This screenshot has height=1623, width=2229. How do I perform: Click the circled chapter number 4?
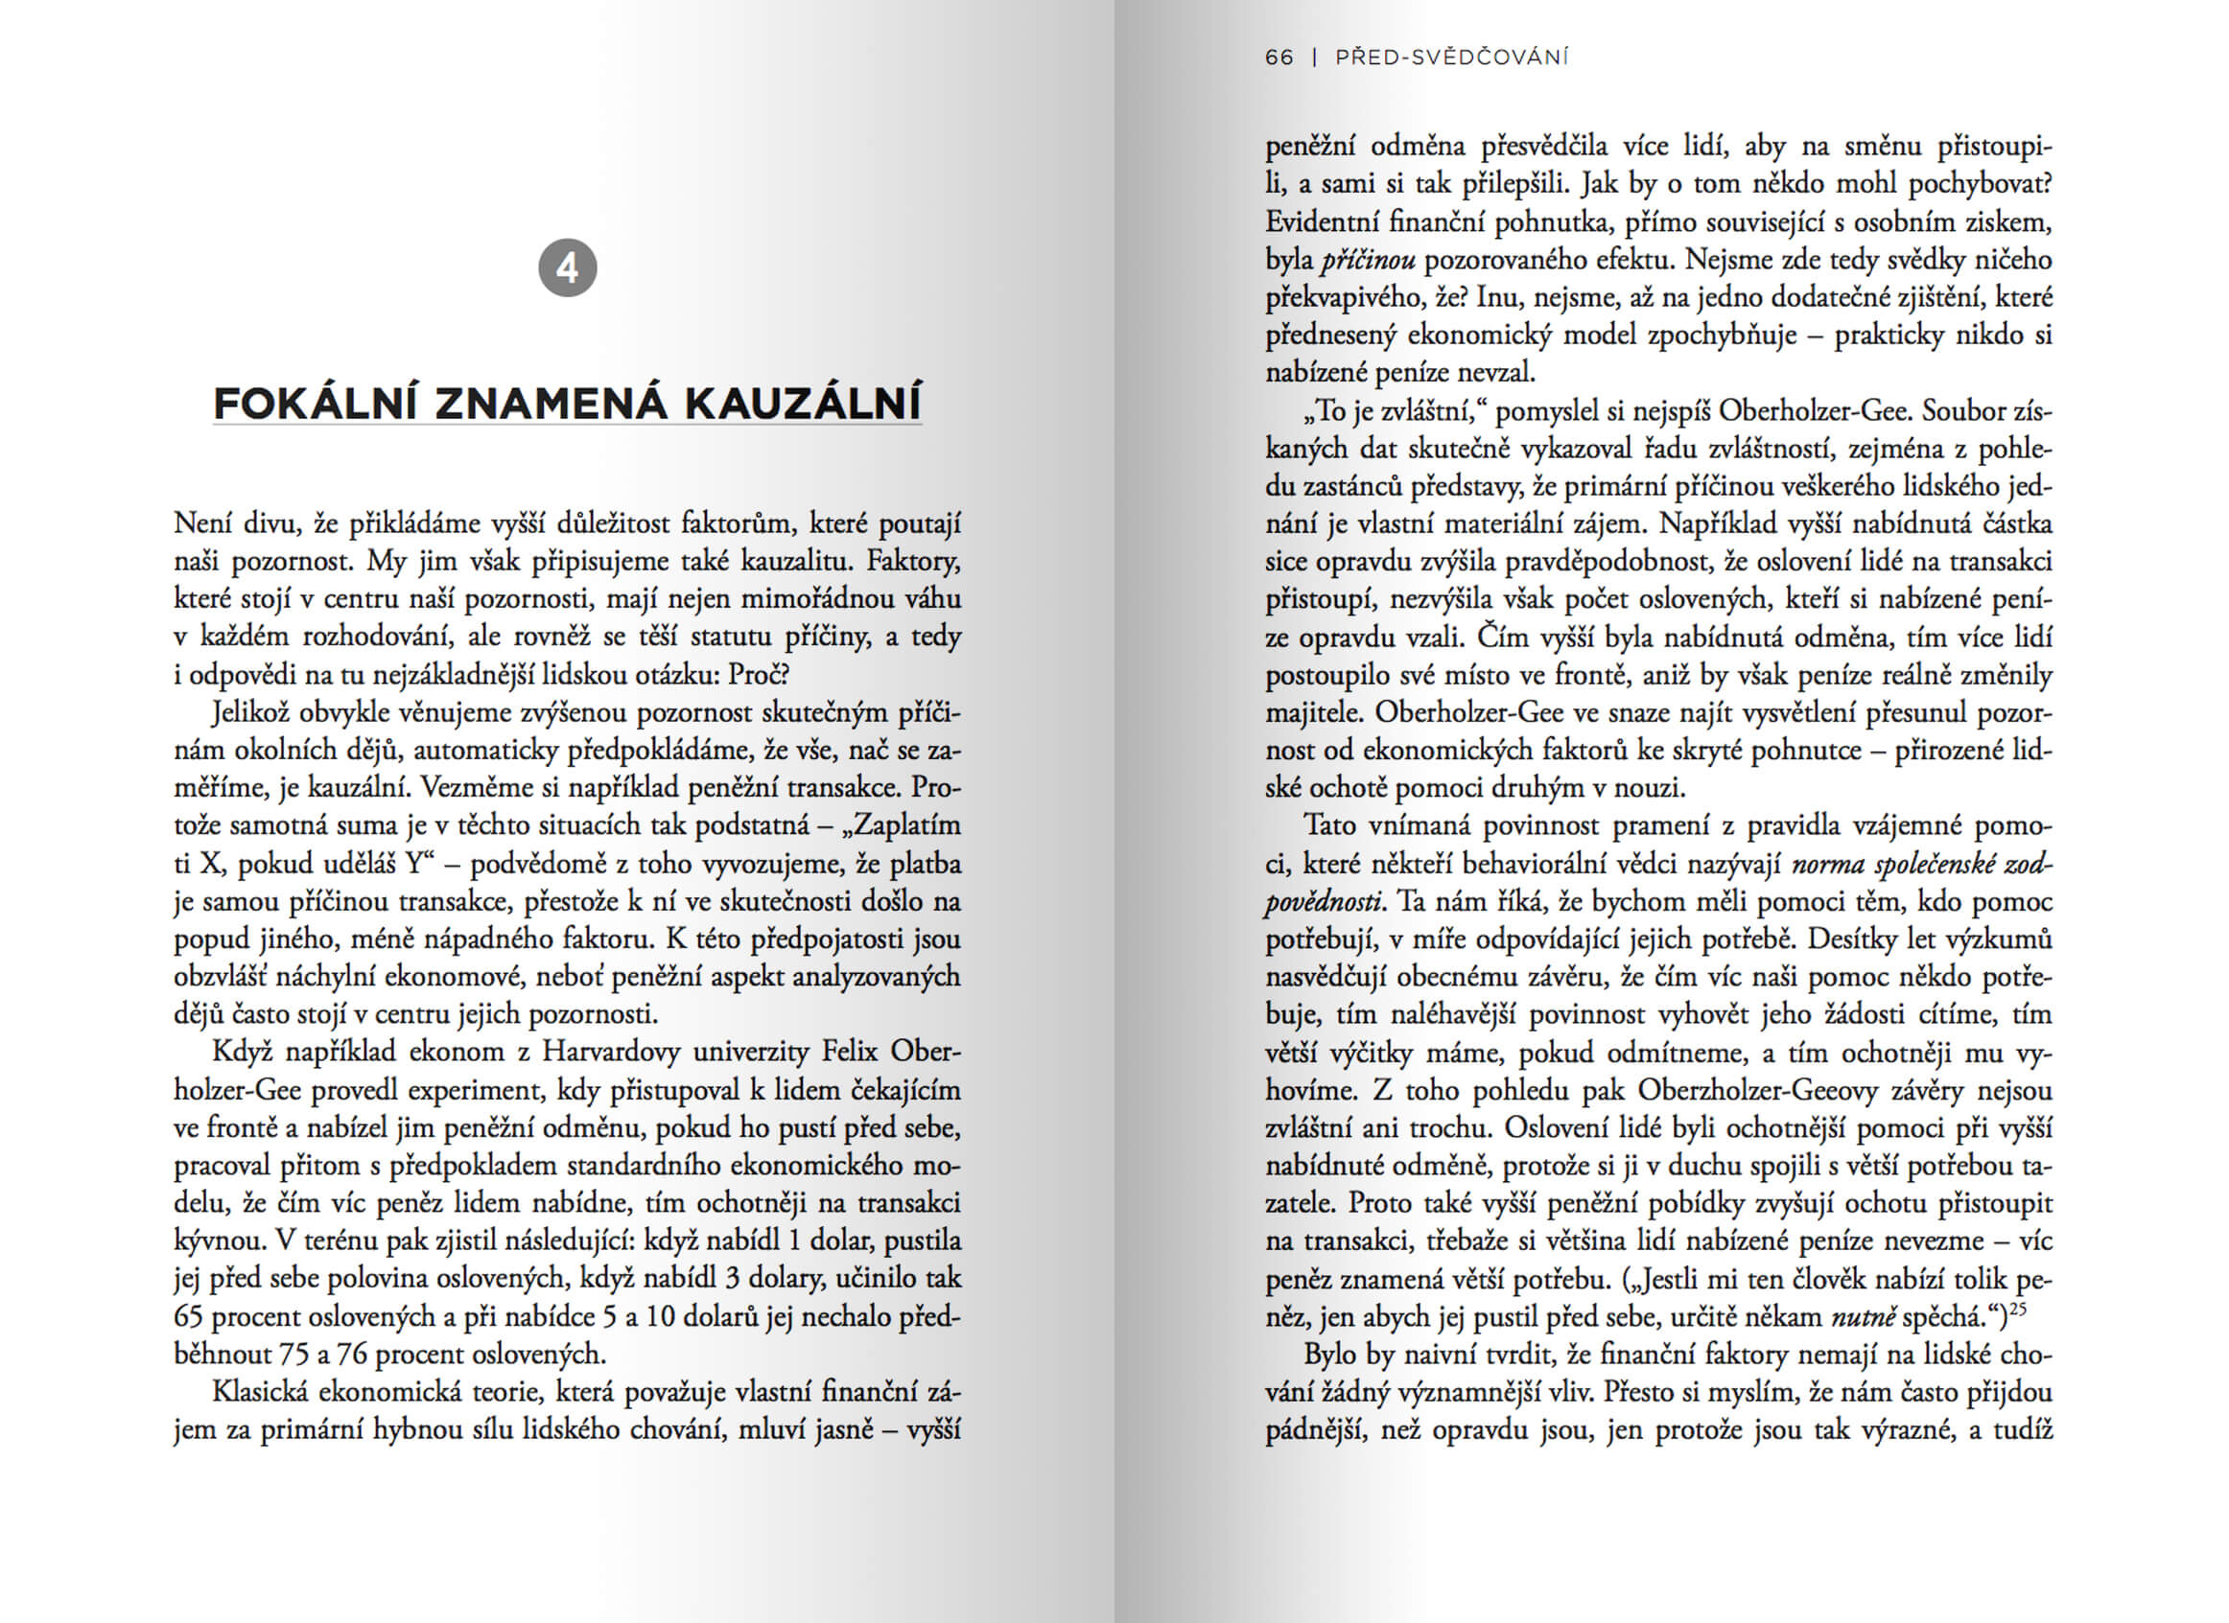567,268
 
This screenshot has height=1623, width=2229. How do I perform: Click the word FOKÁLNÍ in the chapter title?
316,404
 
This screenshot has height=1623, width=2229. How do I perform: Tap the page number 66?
1279,58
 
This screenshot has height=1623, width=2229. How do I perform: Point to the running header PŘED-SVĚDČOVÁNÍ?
1451,58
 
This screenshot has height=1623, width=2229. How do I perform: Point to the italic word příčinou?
1368,261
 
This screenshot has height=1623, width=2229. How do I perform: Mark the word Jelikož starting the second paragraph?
250,712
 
